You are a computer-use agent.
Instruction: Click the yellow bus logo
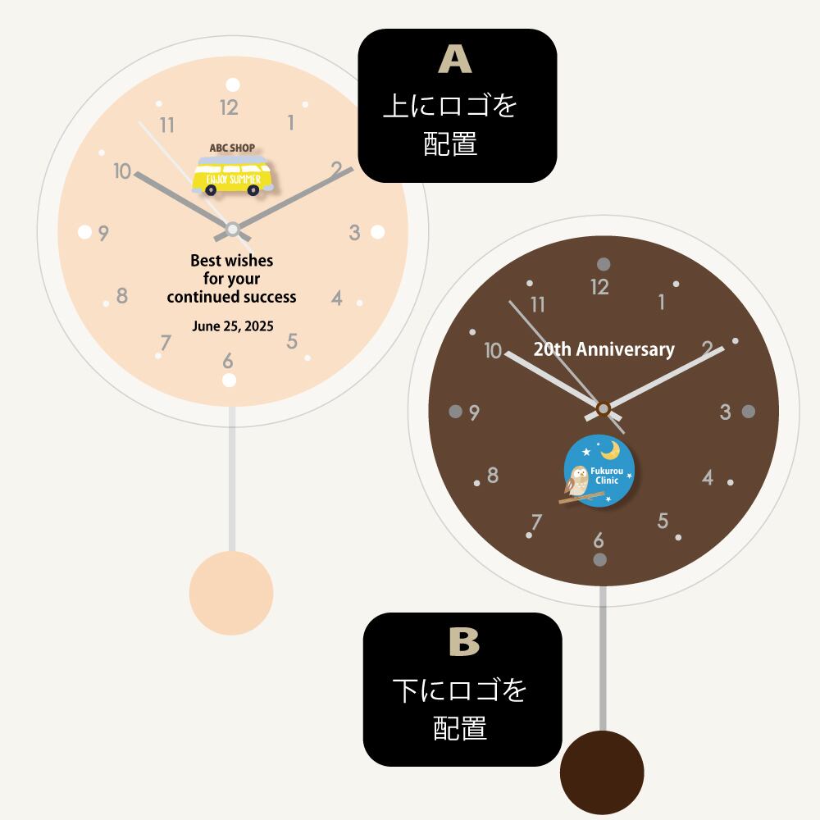click(232, 175)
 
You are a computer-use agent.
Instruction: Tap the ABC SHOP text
click(232, 148)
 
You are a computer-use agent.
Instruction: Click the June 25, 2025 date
click(233, 326)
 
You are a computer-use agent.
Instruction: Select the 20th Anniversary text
click(604, 349)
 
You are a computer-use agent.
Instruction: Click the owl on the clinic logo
click(577, 481)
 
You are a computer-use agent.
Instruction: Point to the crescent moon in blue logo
click(610, 449)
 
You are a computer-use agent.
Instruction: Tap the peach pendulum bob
click(231, 593)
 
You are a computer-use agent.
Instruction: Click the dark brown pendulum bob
click(602, 772)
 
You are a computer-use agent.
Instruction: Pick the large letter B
click(464, 642)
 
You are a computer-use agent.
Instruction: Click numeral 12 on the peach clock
click(229, 107)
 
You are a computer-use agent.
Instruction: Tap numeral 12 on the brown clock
click(600, 287)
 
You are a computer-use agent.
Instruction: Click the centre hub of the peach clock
click(233, 229)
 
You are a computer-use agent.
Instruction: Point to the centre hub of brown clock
click(604, 408)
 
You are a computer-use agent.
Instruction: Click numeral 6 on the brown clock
click(599, 540)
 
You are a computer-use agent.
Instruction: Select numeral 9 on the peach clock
click(103, 233)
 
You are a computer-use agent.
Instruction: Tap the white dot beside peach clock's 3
click(377, 232)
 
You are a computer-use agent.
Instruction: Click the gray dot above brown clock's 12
click(604, 263)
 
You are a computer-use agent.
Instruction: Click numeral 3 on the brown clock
click(726, 412)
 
